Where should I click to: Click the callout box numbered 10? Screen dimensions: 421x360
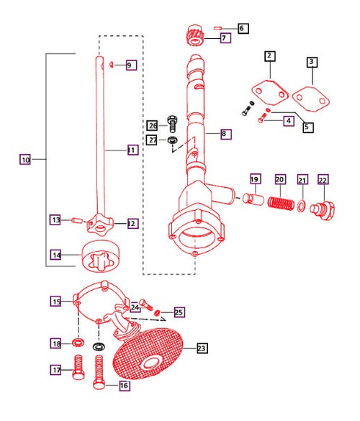click(26, 160)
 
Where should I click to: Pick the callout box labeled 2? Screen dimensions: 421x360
click(269, 55)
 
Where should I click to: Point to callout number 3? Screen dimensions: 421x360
click(311, 63)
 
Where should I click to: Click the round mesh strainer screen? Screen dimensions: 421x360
click(148, 357)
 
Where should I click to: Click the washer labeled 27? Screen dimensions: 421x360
click(173, 139)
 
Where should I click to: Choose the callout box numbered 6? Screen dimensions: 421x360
click(241, 28)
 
